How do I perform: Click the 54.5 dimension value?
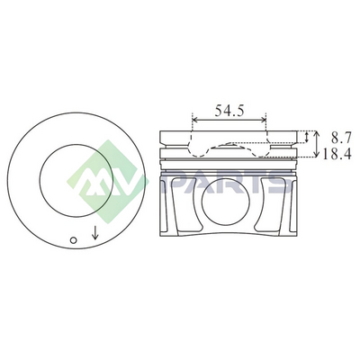229,111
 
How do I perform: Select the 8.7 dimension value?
341,138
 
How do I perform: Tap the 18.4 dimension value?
337,154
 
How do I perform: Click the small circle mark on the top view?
74,240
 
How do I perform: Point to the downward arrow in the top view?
95,233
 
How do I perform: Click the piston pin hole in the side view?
226,202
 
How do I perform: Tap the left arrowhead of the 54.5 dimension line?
194,120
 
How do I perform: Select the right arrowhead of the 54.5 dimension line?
264,120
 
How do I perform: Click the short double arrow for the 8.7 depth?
306,137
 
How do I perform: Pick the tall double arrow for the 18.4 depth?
316,144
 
